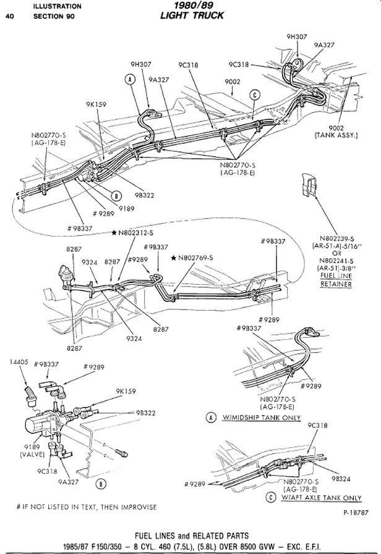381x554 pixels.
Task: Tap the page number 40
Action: pos(9,17)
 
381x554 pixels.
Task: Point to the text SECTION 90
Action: pos(53,17)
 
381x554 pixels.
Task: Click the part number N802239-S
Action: pos(336,239)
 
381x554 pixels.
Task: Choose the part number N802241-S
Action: pos(336,261)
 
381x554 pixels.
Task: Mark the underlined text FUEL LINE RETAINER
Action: pos(336,280)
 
